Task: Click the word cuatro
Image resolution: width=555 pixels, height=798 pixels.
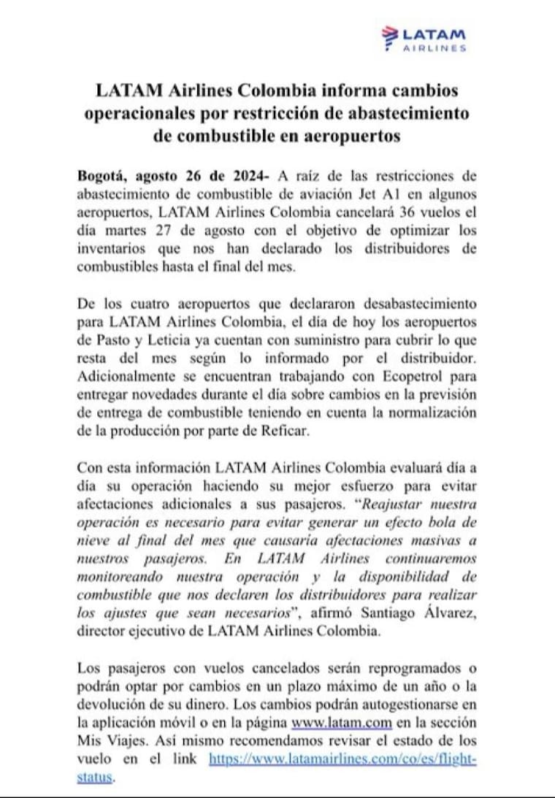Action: [150, 304]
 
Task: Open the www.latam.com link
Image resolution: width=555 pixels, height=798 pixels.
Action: [342, 722]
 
